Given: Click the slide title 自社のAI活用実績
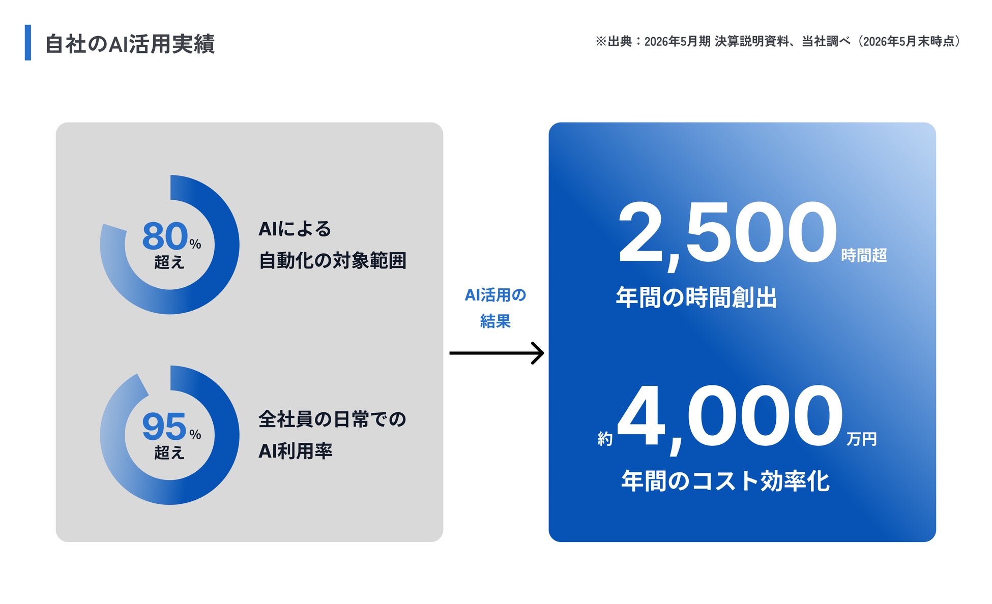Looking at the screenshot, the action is [x=130, y=44].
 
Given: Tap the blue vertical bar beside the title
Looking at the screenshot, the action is [x=28, y=43].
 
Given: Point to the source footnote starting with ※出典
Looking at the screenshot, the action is [x=778, y=41].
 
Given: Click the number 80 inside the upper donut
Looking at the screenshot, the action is [x=165, y=236].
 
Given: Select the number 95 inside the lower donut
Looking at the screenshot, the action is [x=164, y=426].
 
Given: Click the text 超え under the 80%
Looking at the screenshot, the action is [x=169, y=262].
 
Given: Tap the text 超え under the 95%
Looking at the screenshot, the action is [x=169, y=452].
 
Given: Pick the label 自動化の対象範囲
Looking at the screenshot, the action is [x=332, y=260].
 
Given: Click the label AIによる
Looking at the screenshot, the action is [x=295, y=229].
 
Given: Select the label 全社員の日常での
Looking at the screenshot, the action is [x=332, y=419].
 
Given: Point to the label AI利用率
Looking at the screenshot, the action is [x=295, y=451].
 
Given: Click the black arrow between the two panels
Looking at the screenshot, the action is [x=497, y=353].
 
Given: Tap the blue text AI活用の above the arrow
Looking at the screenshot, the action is [x=495, y=295].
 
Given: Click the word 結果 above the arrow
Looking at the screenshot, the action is [x=495, y=321].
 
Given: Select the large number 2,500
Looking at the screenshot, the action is [x=727, y=234].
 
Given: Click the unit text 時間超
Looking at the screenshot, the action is [x=864, y=255].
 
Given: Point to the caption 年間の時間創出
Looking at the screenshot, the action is [x=696, y=297].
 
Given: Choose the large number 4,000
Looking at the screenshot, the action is [x=731, y=418].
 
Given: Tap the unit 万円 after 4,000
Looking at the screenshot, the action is [x=861, y=439].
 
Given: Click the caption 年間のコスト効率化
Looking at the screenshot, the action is [x=725, y=481].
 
